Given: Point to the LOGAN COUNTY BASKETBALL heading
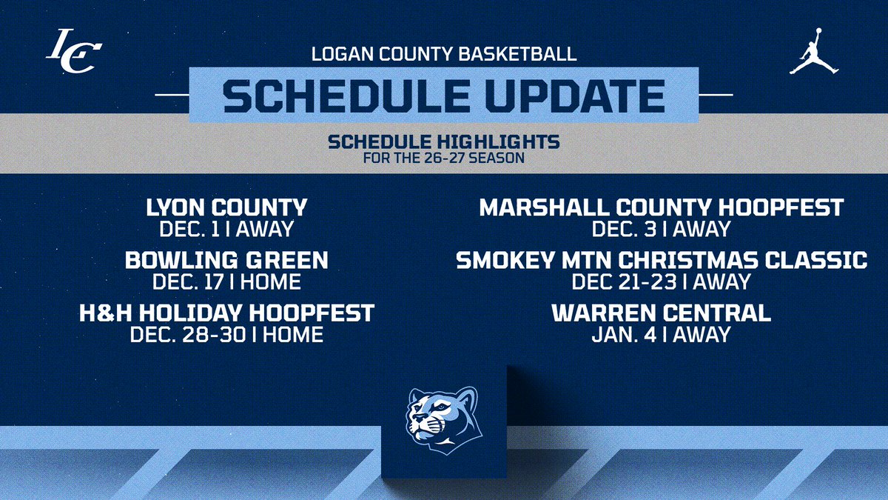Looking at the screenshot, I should click(x=444, y=54).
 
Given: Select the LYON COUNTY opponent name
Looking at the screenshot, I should click(x=226, y=207).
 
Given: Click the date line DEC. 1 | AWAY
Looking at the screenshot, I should click(x=226, y=228).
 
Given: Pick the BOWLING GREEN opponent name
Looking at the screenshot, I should click(x=226, y=260).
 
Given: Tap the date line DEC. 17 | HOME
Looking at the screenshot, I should click(x=226, y=281).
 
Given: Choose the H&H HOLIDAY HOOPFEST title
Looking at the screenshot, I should click(x=226, y=313).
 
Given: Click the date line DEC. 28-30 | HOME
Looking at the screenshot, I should click(x=226, y=334).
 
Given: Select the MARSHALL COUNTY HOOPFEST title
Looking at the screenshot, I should click(x=662, y=207).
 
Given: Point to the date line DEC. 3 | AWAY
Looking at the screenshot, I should click(x=662, y=228).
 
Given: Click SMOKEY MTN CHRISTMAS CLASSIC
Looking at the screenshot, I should click(x=662, y=260).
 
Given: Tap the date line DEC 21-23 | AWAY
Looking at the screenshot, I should click(x=662, y=281).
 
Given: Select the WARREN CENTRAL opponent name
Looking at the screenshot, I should click(x=662, y=313).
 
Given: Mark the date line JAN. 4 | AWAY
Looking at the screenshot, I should click(x=662, y=334).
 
